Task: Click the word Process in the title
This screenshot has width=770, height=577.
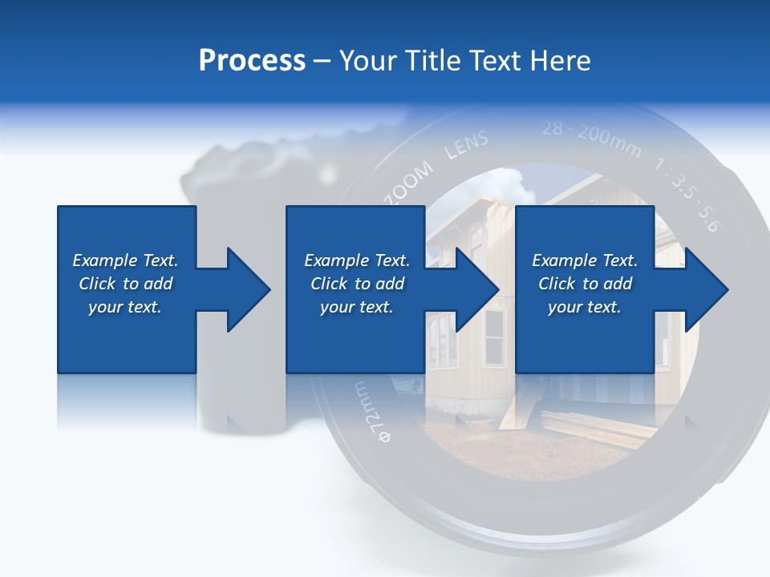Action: (252, 61)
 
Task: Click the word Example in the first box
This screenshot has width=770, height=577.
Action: (105, 260)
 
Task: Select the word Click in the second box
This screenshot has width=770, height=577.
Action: (328, 284)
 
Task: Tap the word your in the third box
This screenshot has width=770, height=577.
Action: (565, 307)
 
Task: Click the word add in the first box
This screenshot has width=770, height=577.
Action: (159, 284)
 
